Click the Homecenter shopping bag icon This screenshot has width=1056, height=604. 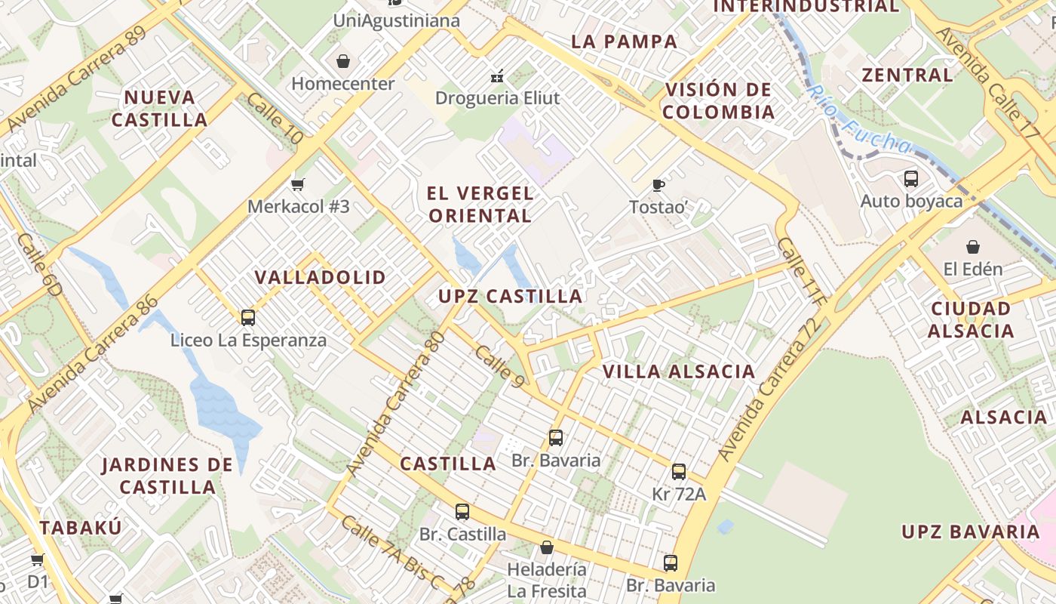(x=343, y=61)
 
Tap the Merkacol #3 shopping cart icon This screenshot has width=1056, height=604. (x=298, y=184)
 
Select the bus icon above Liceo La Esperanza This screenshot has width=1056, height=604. (x=248, y=318)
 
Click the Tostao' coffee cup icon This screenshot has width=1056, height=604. (x=658, y=185)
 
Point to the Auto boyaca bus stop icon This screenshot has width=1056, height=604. (x=911, y=179)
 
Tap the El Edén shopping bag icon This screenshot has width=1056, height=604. (x=973, y=247)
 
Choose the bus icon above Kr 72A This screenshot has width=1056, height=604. (x=679, y=472)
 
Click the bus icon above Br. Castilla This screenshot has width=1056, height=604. (x=462, y=512)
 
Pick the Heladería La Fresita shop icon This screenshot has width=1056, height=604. (x=547, y=547)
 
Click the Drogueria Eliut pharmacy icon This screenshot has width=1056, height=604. (x=498, y=75)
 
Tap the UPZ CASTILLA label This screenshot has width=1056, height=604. (x=511, y=297)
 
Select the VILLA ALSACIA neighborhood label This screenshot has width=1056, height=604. (x=679, y=371)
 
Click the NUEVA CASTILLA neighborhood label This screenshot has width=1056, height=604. (x=159, y=108)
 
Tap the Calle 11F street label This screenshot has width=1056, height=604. (x=803, y=272)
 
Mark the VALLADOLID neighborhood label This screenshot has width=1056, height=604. (x=320, y=277)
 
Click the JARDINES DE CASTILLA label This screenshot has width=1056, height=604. (x=167, y=475)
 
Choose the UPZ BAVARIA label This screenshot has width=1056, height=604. (x=971, y=532)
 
